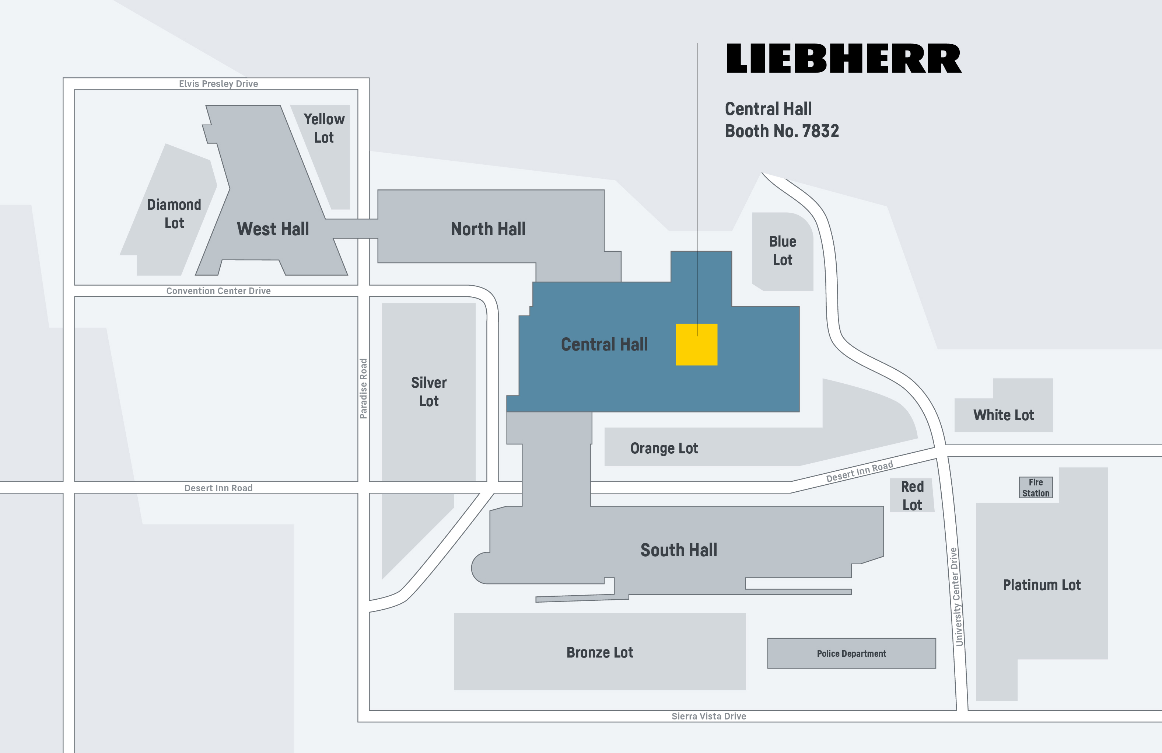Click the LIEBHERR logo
pos(844,59)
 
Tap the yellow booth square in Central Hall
pos(696,345)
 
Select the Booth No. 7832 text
pos(782,131)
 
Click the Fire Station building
pos(1036,487)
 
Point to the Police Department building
pos(851,653)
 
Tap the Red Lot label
pos(912,496)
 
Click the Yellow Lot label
pos(324,128)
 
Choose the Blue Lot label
pos(782,251)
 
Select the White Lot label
pos(1003,415)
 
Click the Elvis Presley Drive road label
pos(218,84)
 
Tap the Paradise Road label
pos(363,389)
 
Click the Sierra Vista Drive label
pos(708,716)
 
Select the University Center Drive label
pos(956,597)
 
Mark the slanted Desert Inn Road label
pos(859,472)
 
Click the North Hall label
pos(488,229)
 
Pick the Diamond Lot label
pos(174,213)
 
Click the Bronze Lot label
pos(599,652)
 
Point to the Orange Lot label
pos(664,448)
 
